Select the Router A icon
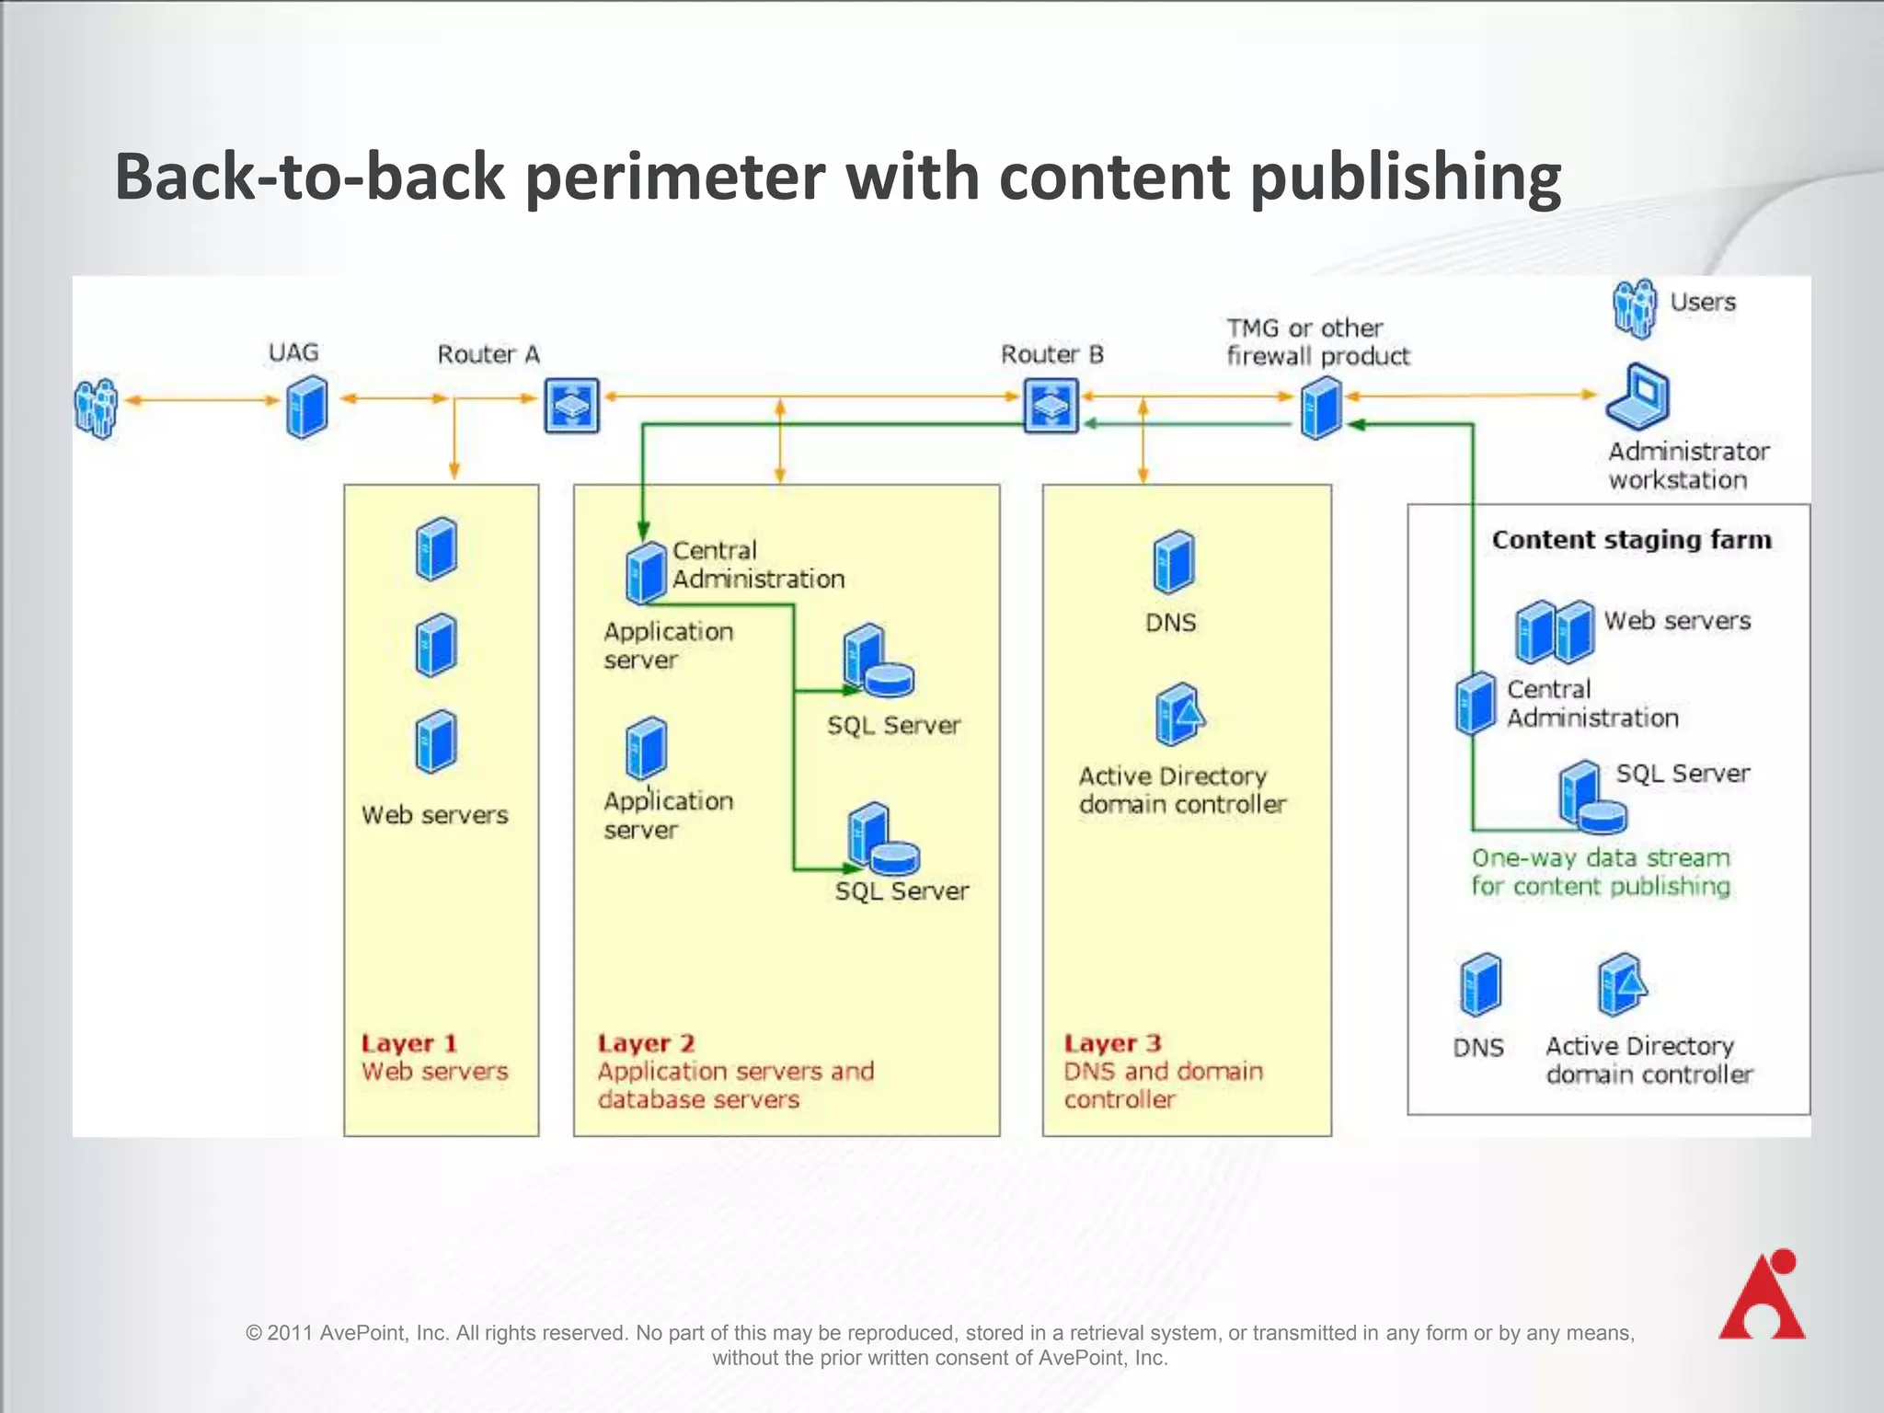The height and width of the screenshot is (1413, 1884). pos(571,405)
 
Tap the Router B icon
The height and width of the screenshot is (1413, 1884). pos(1051,405)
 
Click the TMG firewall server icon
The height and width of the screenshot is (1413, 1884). pos(1321,409)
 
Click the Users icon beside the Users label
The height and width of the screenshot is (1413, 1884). pos(1635,309)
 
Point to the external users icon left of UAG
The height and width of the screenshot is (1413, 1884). pos(96,407)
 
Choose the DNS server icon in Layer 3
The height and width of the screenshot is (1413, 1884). pos(1174,561)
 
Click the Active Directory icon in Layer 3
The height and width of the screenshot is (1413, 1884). pos(1178,714)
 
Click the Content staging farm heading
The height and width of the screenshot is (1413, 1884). pos(1631,540)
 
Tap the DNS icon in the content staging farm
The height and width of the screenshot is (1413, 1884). pos(1480,984)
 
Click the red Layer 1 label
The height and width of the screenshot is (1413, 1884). pos(408,1043)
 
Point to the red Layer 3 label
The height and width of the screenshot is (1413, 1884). pos(1112,1043)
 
